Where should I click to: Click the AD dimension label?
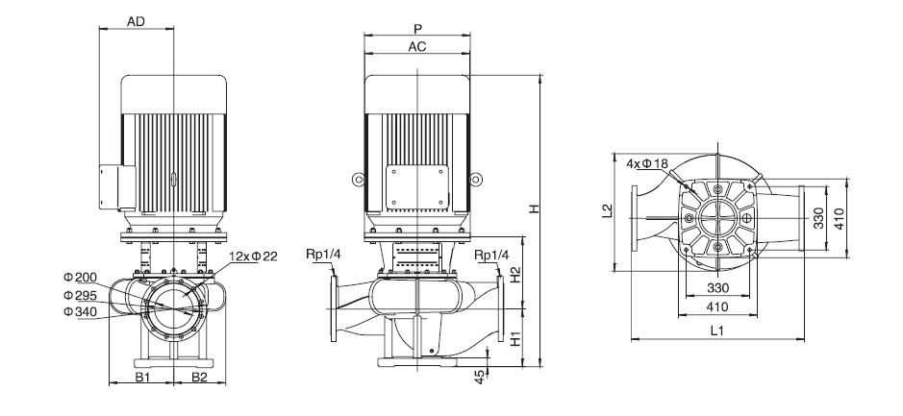pos(136,22)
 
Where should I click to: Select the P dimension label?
pos(417,29)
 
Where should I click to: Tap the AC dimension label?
pos(417,47)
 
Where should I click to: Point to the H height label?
pos(535,208)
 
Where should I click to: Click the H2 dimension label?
pos(516,274)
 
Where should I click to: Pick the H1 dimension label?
pos(516,338)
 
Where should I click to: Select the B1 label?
pos(142,377)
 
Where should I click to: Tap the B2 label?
pos(199,377)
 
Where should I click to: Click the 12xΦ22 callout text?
pos(253,257)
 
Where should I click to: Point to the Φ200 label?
pos(80,278)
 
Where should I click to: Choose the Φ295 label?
pos(80,295)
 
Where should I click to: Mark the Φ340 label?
pos(80,312)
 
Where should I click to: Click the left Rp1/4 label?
pos(324,255)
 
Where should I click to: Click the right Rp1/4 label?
pos(491,255)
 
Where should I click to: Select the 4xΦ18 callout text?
pos(647,163)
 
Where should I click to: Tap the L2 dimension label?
pos(607,210)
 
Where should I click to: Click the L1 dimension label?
pos(717,330)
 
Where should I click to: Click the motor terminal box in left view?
pos(117,186)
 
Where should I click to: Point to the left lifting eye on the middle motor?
pos(359,180)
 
